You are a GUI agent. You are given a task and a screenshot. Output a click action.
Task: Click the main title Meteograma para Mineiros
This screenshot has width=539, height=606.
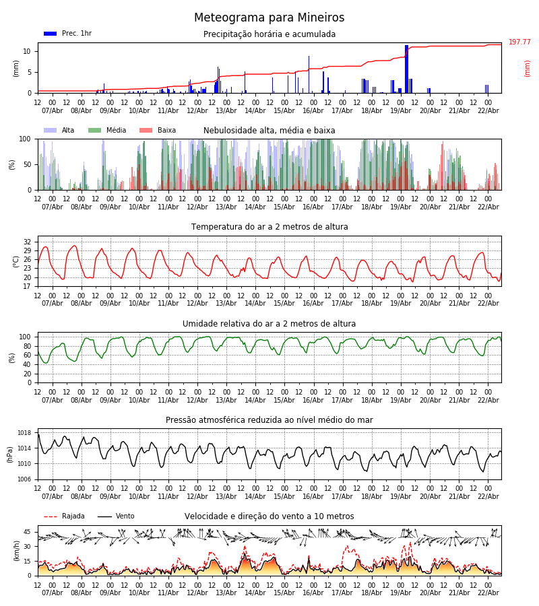click(269, 18)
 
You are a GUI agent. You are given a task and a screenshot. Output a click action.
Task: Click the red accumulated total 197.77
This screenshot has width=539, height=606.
click(519, 42)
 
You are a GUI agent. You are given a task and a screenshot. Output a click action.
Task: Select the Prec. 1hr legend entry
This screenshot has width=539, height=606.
click(67, 34)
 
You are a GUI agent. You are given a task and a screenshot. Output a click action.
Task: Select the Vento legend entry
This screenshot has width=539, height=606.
click(116, 516)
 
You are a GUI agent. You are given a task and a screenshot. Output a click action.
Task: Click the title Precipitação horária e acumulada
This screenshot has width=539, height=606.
click(269, 34)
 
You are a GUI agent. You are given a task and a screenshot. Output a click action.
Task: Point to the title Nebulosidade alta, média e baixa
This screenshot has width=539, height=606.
click(269, 131)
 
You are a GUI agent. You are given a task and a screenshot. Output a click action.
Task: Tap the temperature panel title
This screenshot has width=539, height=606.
click(269, 227)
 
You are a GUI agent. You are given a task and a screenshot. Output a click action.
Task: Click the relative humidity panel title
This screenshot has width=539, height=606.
click(269, 324)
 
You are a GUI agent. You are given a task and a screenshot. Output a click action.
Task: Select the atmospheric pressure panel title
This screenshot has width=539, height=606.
click(269, 420)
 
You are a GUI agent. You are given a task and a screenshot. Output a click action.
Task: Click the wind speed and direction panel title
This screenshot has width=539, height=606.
click(269, 516)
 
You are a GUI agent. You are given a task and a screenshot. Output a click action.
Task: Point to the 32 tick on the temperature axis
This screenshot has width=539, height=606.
click(27, 242)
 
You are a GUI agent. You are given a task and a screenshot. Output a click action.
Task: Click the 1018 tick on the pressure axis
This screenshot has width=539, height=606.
click(24, 433)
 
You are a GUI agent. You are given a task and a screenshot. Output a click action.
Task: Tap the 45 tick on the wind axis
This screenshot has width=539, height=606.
click(27, 532)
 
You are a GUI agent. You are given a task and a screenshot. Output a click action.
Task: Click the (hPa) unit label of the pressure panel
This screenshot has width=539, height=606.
click(9, 454)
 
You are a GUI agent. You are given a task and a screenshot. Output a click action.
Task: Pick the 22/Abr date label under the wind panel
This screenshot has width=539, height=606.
click(488, 593)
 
